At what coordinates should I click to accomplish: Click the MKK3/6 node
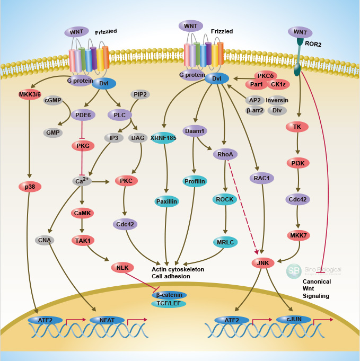[x=30, y=95]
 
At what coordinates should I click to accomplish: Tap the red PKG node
[x=83, y=146]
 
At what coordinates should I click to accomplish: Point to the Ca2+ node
[x=82, y=181]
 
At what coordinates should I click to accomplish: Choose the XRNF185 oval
[x=163, y=138]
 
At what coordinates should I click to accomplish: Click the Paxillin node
[x=167, y=201]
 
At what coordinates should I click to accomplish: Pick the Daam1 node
[x=195, y=130]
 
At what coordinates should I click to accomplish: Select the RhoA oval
[x=225, y=154]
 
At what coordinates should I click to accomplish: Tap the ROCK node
[x=225, y=199]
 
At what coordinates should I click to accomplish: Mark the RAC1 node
[x=261, y=178]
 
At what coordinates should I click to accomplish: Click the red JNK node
[x=262, y=262]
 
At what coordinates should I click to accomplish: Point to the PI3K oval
[x=297, y=163]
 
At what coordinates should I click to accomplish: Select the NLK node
[x=123, y=268]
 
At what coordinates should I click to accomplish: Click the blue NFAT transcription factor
[x=107, y=320]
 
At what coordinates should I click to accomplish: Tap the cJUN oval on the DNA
[x=293, y=320]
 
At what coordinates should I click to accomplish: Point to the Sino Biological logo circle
[x=294, y=271]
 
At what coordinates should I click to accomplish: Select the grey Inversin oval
[x=277, y=100]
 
